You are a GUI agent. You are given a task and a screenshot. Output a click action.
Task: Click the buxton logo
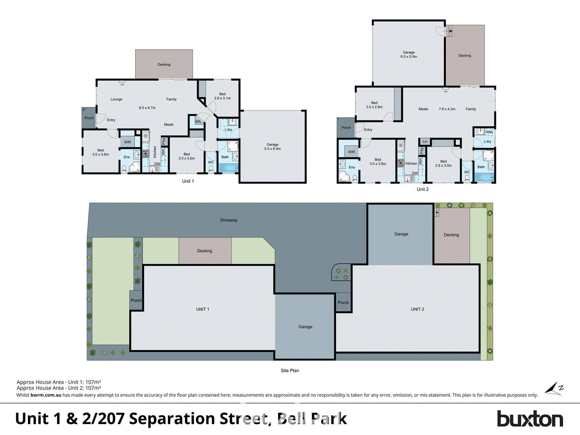pyautogui.click(x=530, y=419)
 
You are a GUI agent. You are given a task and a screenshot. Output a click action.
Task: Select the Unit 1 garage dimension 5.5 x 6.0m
pyautogui.click(x=273, y=149)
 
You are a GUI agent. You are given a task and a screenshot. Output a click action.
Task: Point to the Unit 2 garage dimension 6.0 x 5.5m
pyautogui.click(x=409, y=57)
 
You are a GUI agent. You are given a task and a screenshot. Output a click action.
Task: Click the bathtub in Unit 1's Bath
pyautogui.click(x=228, y=168)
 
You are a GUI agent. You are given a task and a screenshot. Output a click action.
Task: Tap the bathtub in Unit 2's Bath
pyautogui.click(x=484, y=178)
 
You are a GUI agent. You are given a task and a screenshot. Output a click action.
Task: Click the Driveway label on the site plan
pyautogui.click(x=229, y=220)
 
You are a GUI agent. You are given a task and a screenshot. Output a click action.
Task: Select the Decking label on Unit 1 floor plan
pyautogui.click(x=164, y=65)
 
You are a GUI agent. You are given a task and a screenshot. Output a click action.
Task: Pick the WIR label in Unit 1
pyautogui.click(x=127, y=142)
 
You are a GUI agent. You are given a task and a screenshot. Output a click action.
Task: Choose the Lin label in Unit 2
pyautogui.click(x=425, y=141)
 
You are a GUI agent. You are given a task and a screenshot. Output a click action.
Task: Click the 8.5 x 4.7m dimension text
pyautogui.click(x=147, y=108)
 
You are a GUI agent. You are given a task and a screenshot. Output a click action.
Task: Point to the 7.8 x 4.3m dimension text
pyautogui.click(x=447, y=109)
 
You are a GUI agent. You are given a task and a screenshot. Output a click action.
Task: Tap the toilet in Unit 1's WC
pyautogui.click(x=211, y=169)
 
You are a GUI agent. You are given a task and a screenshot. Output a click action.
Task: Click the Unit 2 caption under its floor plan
pyautogui.click(x=423, y=189)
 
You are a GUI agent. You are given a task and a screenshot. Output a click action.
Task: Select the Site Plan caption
pyautogui.click(x=290, y=370)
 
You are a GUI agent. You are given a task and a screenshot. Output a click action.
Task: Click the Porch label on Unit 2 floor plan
pyautogui.click(x=346, y=128)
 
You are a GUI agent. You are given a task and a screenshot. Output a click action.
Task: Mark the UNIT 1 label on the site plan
pyautogui.click(x=202, y=309)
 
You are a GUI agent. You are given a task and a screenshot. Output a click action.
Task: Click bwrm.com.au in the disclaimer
pyautogui.click(x=46, y=395)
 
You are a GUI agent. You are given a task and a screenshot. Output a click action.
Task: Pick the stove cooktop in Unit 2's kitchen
pyautogui.click(x=401, y=163)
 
